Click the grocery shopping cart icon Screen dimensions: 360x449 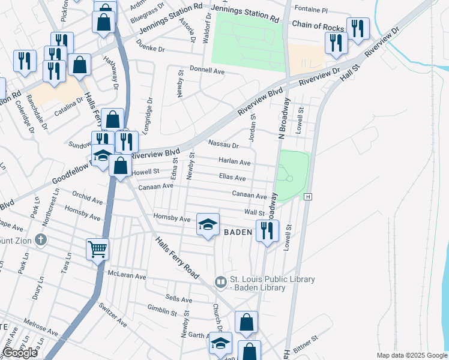tap(97, 248)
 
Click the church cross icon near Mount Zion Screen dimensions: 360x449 tap(41, 241)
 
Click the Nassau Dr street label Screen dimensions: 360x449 tap(223, 145)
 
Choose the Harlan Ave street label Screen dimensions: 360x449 tap(235, 162)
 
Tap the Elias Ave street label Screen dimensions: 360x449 tap(232, 178)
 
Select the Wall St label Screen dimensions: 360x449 tap(255, 212)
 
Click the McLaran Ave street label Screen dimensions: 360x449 tap(127, 276)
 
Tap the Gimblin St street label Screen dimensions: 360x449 tap(162, 312)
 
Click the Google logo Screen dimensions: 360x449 tap(20, 353)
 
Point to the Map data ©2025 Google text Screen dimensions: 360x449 tap(411, 355)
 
